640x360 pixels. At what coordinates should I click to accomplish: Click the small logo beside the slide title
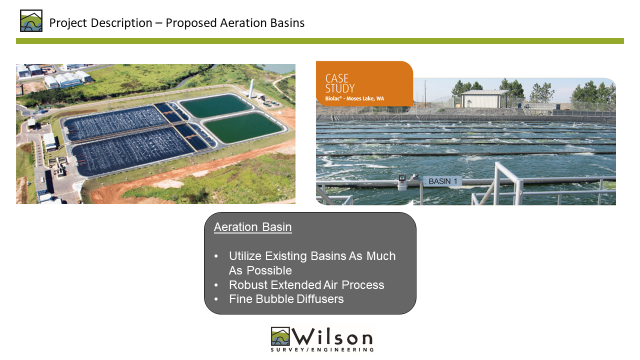click(31, 20)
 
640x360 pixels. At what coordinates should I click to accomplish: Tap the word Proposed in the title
click(191, 23)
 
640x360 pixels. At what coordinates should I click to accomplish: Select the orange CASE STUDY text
click(339, 83)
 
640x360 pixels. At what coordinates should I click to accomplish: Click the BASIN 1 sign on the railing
click(442, 181)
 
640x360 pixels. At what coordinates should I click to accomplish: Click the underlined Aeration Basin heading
click(253, 227)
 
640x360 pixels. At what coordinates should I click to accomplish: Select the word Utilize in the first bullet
click(245, 256)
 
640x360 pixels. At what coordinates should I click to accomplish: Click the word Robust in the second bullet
click(248, 285)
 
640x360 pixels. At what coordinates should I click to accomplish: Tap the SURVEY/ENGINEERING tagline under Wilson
click(322, 349)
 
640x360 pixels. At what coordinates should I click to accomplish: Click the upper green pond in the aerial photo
click(216, 105)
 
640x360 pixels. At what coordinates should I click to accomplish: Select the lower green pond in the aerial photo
click(243, 127)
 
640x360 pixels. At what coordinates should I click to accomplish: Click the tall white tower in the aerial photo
click(251, 88)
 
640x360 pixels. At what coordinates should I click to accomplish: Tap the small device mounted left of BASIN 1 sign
click(402, 182)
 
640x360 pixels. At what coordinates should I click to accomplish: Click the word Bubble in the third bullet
click(274, 299)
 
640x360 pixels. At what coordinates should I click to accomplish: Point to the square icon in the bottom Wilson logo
click(280, 336)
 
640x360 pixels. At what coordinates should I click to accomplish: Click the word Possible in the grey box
click(269, 270)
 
